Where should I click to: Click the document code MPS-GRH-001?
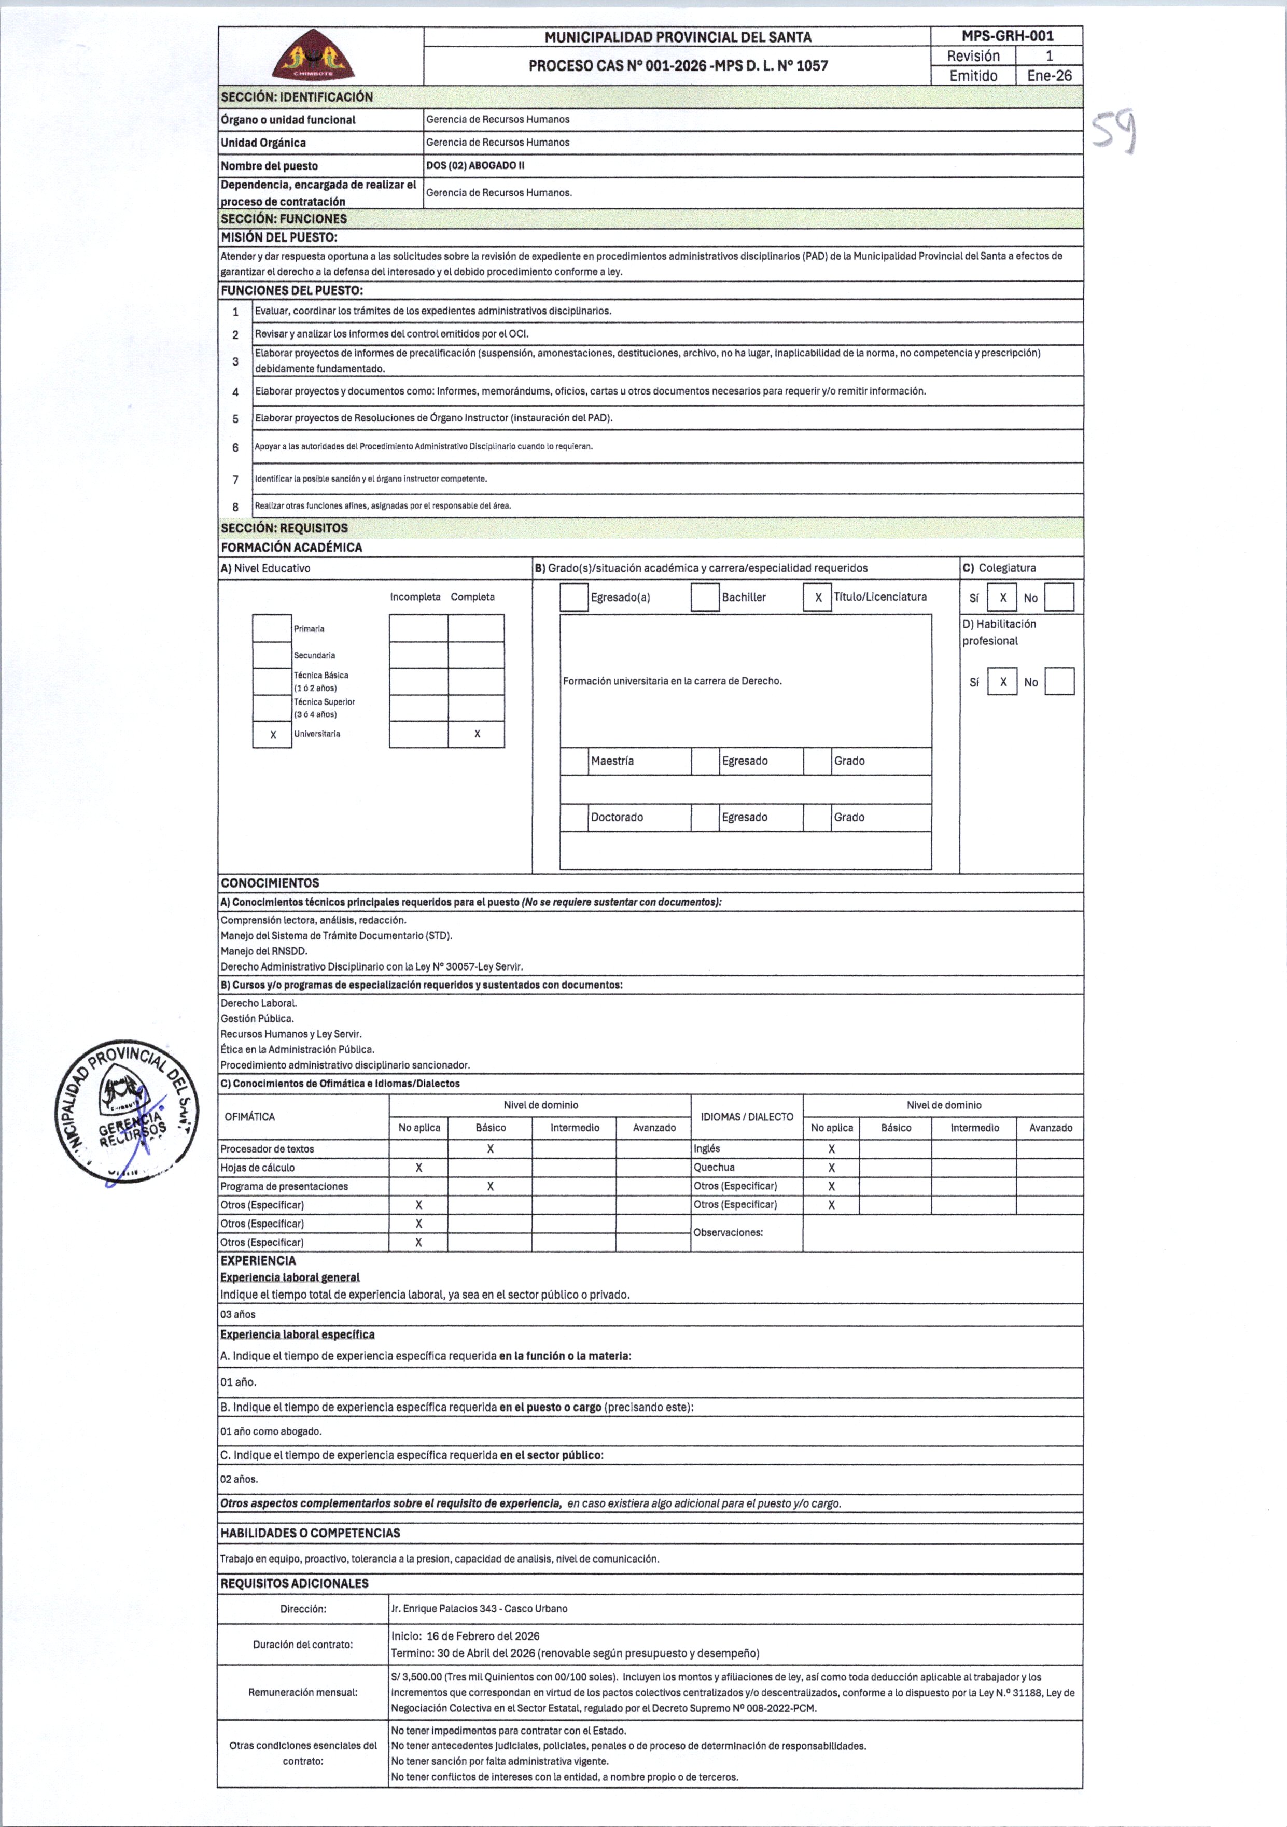pos(1007,36)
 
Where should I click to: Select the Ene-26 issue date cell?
pos(1049,76)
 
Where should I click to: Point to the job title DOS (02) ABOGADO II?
pos(475,165)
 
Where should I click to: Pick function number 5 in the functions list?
pos(235,418)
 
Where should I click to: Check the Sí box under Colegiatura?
pos(1002,598)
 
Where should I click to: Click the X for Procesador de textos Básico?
pos(491,1149)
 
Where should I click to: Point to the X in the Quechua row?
pos(831,1168)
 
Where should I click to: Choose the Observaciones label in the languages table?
pos(728,1232)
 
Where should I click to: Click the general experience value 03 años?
pos(238,1315)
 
